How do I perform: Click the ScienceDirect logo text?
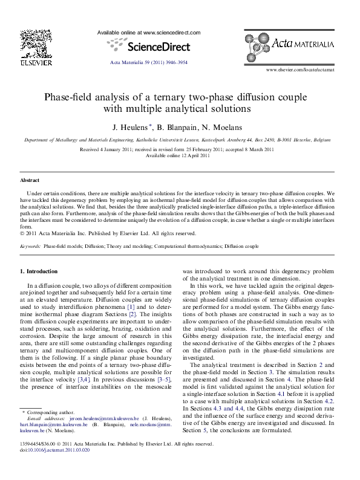156,46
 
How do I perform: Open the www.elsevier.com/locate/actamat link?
308,70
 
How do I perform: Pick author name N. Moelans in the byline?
226,127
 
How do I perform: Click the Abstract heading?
30,180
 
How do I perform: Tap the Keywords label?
31,247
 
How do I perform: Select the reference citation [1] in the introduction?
129,306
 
